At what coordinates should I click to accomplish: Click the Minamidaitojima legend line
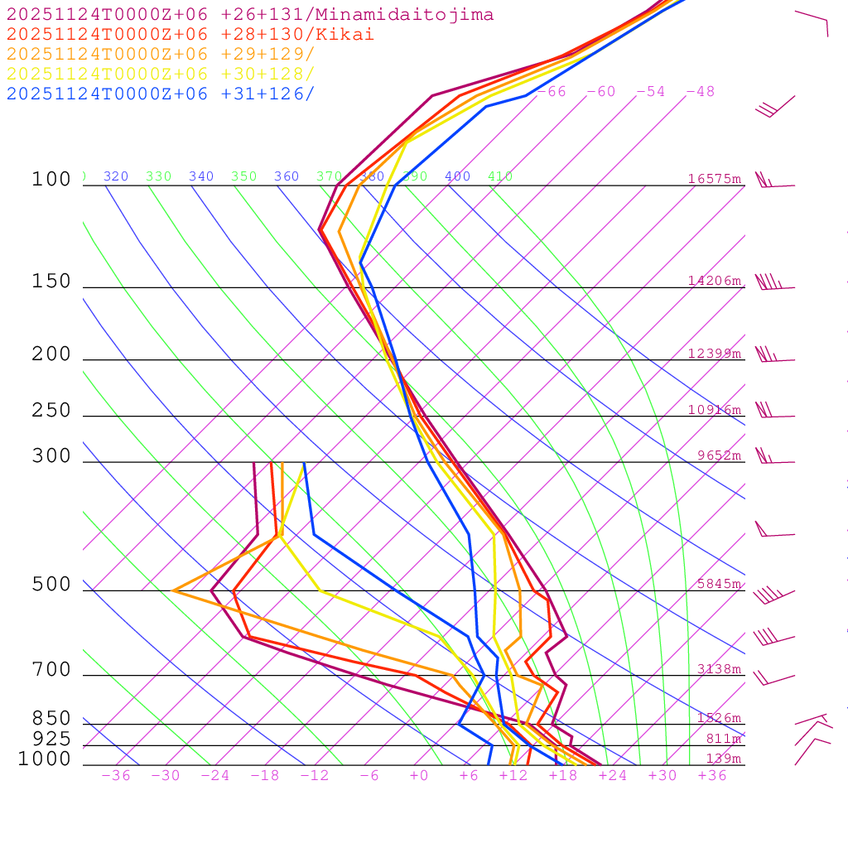[250, 15]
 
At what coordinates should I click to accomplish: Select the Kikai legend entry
[190, 35]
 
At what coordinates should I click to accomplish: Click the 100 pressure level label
[51, 180]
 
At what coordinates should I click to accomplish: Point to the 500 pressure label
[51, 585]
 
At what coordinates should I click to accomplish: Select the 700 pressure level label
[51, 669]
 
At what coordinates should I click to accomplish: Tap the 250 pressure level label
[51, 411]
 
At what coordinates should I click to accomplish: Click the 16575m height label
[714, 179]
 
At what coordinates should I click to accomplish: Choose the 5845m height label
[719, 584]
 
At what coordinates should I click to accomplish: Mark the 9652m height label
[719, 455]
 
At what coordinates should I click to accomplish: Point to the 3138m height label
[719, 669]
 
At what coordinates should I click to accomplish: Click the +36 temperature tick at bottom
[711, 776]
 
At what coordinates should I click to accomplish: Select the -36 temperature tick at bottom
[115, 776]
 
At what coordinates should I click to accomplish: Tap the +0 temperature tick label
[419, 776]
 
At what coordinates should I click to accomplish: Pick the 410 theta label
[500, 176]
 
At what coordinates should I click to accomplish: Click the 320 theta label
[116, 176]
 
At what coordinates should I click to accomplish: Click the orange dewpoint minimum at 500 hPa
[173, 590]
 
